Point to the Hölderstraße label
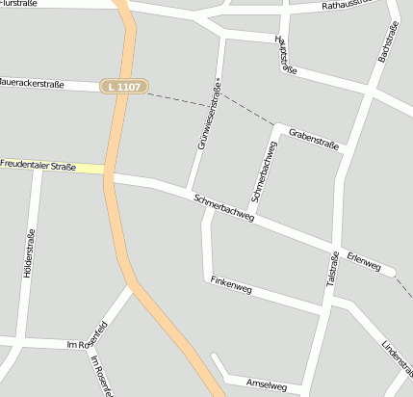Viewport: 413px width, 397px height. click(28, 252)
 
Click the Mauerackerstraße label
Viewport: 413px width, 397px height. click(32, 85)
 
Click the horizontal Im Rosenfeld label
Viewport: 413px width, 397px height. click(83, 344)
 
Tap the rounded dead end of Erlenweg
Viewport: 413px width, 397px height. click(391, 273)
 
